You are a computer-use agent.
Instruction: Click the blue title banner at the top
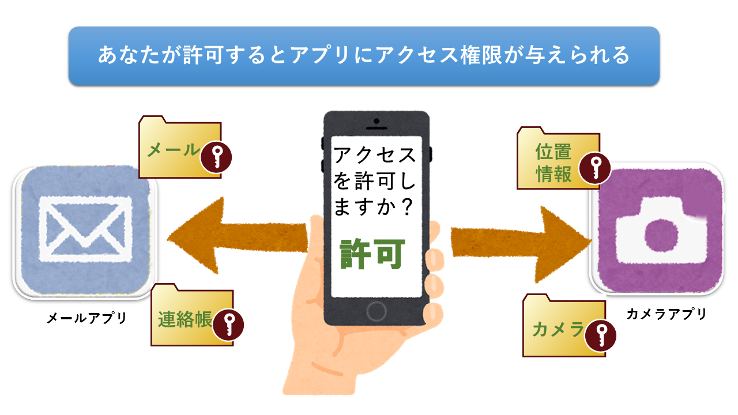click(364, 56)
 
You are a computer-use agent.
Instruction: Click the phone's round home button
click(376, 312)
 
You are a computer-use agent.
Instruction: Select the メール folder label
click(172, 150)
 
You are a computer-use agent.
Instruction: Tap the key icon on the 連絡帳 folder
click(228, 326)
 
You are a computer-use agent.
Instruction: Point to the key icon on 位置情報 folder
click(595, 168)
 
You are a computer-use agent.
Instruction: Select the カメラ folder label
click(556, 329)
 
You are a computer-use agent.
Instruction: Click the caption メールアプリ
click(86, 318)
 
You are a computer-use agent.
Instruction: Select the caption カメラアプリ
click(666, 314)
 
